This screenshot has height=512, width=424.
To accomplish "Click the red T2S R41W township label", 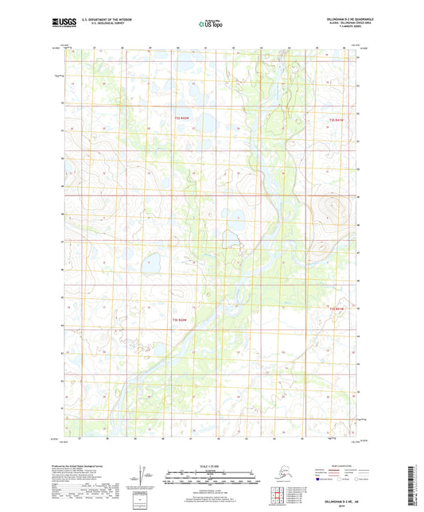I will (x=337, y=119).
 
